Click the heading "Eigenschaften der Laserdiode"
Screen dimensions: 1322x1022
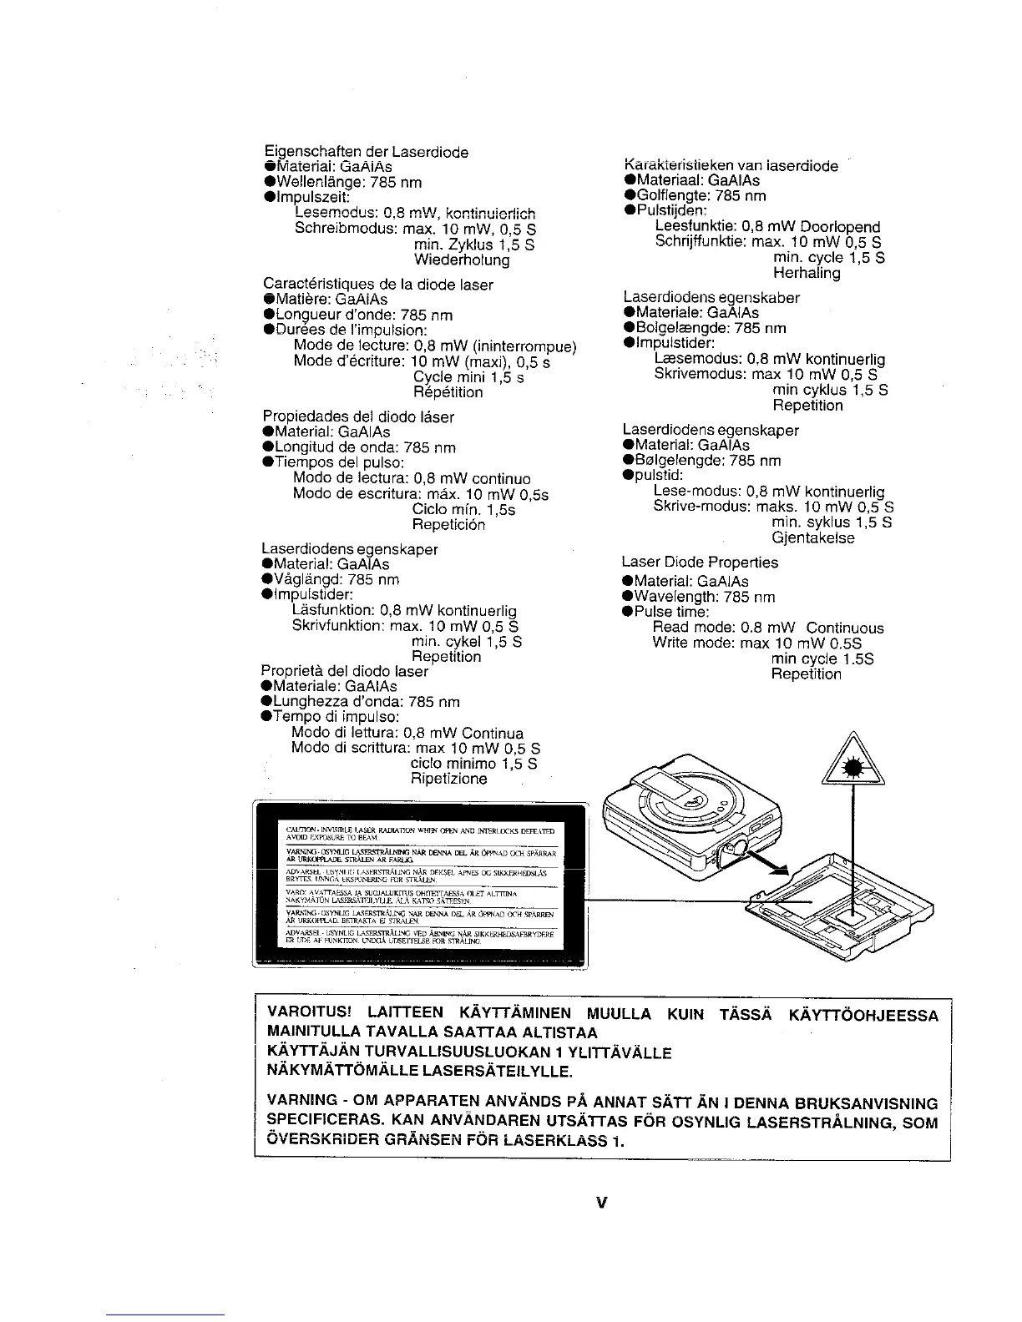click(365, 152)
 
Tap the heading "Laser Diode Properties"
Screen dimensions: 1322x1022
click(700, 563)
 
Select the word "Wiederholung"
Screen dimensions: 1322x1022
click(461, 260)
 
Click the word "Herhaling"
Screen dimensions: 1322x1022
click(807, 274)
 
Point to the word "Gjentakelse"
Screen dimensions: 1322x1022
click(813, 538)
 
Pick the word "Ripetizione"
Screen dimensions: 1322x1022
click(448, 780)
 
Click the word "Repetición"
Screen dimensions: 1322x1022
click(448, 525)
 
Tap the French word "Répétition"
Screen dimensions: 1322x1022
click(448, 392)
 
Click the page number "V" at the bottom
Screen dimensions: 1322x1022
click(600, 1203)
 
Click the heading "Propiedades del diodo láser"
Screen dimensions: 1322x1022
click(357, 416)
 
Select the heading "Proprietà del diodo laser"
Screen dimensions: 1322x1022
click(344, 671)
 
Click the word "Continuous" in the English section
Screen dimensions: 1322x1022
click(845, 628)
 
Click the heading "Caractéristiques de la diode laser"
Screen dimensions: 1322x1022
click(377, 285)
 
